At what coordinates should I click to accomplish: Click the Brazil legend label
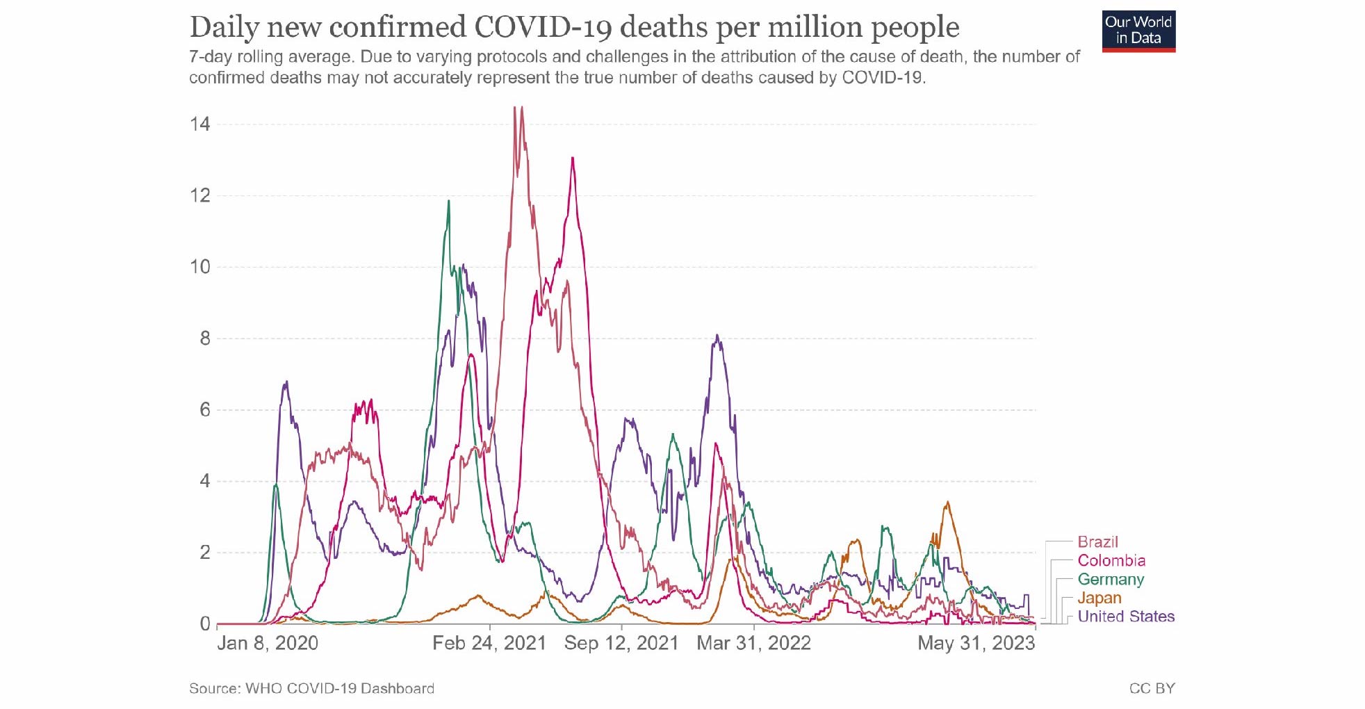coord(1097,542)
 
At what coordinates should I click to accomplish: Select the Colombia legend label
coord(1111,561)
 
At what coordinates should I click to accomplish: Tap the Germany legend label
coord(1110,580)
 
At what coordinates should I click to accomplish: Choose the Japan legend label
coord(1099,598)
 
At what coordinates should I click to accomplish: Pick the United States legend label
coord(1126,617)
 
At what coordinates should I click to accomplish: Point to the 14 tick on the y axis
coord(200,124)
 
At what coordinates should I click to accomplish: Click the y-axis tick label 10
coord(200,267)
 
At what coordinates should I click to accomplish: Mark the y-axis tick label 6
coord(205,410)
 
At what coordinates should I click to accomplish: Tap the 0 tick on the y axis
coord(205,624)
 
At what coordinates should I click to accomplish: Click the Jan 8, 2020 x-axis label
coord(268,643)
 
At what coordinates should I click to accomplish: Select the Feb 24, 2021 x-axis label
coord(489,643)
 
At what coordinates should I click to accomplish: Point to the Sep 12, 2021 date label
coord(621,643)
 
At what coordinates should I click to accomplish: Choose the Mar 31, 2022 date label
coord(753,643)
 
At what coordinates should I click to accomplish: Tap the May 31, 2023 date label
coord(976,643)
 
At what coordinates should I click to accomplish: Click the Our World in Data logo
coord(1138,31)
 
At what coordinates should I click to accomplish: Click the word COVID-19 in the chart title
coord(543,28)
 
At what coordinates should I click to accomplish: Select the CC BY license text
coord(1152,688)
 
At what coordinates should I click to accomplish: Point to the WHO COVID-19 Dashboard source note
coord(311,688)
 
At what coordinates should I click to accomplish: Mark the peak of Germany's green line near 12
coord(448,202)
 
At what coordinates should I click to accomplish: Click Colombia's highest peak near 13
coord(572,158)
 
